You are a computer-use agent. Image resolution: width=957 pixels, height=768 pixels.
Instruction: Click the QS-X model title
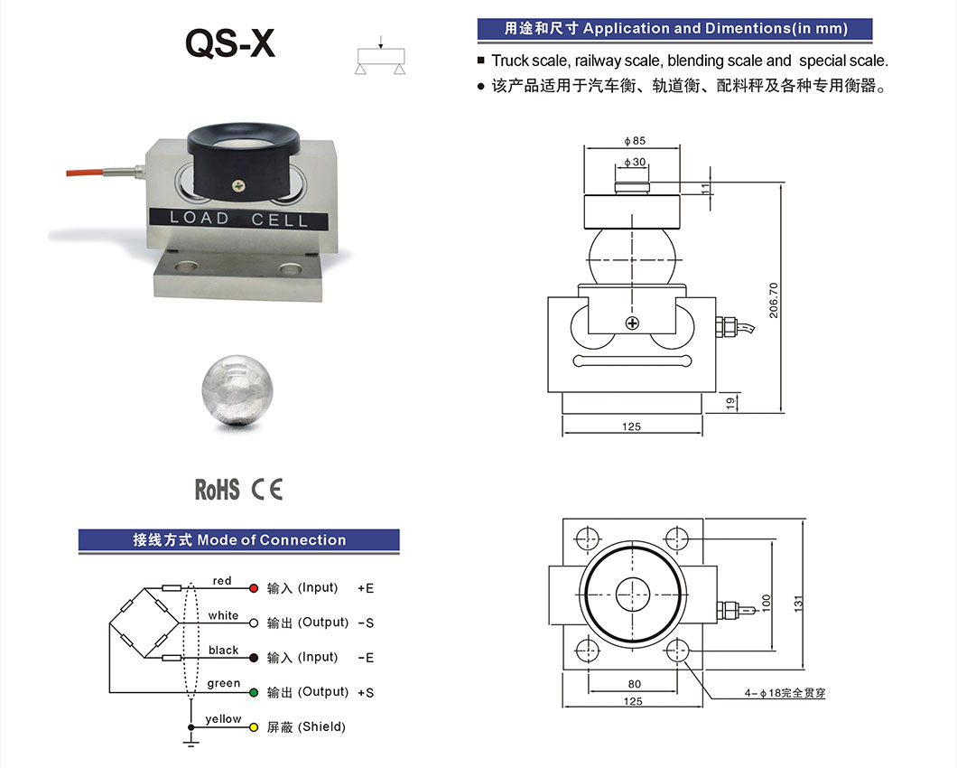pos(229,42)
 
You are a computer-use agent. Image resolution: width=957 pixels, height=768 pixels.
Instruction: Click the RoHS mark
pos(217,490)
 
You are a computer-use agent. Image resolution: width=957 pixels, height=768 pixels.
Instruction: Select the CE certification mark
pos(267,490)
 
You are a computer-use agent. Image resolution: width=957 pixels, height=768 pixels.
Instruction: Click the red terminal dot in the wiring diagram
pos(253,588)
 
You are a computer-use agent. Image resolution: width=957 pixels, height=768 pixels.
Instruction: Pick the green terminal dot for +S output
pos(253,692)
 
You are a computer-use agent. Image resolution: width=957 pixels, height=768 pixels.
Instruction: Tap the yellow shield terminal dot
pos(253,726)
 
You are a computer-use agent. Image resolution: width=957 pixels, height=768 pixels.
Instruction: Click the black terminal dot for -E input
pos(253,658)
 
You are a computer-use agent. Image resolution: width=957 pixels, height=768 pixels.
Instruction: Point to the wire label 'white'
pos(223,615)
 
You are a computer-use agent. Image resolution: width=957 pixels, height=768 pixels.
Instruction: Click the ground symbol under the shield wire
pos(190,742)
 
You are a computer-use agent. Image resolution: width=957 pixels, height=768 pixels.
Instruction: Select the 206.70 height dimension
pos(774,298)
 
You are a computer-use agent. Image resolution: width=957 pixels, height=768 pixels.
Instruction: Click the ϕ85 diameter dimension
pos(634,141)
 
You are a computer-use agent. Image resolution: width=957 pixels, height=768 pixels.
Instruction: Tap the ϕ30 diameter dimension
pos(634,162)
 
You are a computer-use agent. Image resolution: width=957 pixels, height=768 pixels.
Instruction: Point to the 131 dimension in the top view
pos(797,604)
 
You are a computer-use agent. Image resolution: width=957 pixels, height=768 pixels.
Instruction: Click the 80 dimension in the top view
pos(634,684)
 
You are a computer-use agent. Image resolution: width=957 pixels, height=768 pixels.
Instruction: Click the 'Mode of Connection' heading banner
pos(238,540)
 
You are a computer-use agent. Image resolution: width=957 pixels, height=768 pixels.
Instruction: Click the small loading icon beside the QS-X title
pos(380,56)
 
